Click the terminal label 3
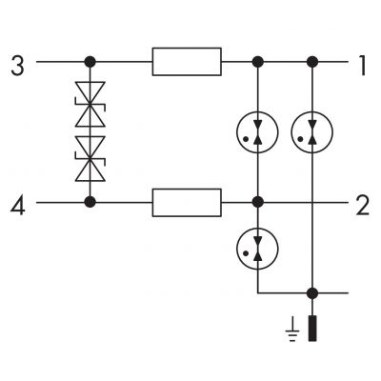pos(17,66)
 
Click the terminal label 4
pos(18,206)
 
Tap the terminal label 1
pos(362,66)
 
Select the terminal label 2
pos(362,206)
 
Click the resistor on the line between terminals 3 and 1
pos(187,62)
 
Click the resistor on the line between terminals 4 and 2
pos(187,203)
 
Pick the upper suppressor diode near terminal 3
pos(90,104)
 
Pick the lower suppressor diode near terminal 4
pos(90,159)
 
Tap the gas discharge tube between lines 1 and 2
pos(257,132)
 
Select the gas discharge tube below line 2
pos(257,249)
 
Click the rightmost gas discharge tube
pos(312,132)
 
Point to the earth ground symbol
pos(292,331)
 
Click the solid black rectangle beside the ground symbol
pos(312,329)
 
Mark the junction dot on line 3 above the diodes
pos(90,62)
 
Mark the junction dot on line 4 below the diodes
pos(90,202)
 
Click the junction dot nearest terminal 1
pos(312,62)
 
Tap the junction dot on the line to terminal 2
pos(257,202)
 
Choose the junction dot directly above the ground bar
pos(312,293)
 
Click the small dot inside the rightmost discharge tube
pos(300,139)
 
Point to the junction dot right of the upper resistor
pos(257,62)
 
